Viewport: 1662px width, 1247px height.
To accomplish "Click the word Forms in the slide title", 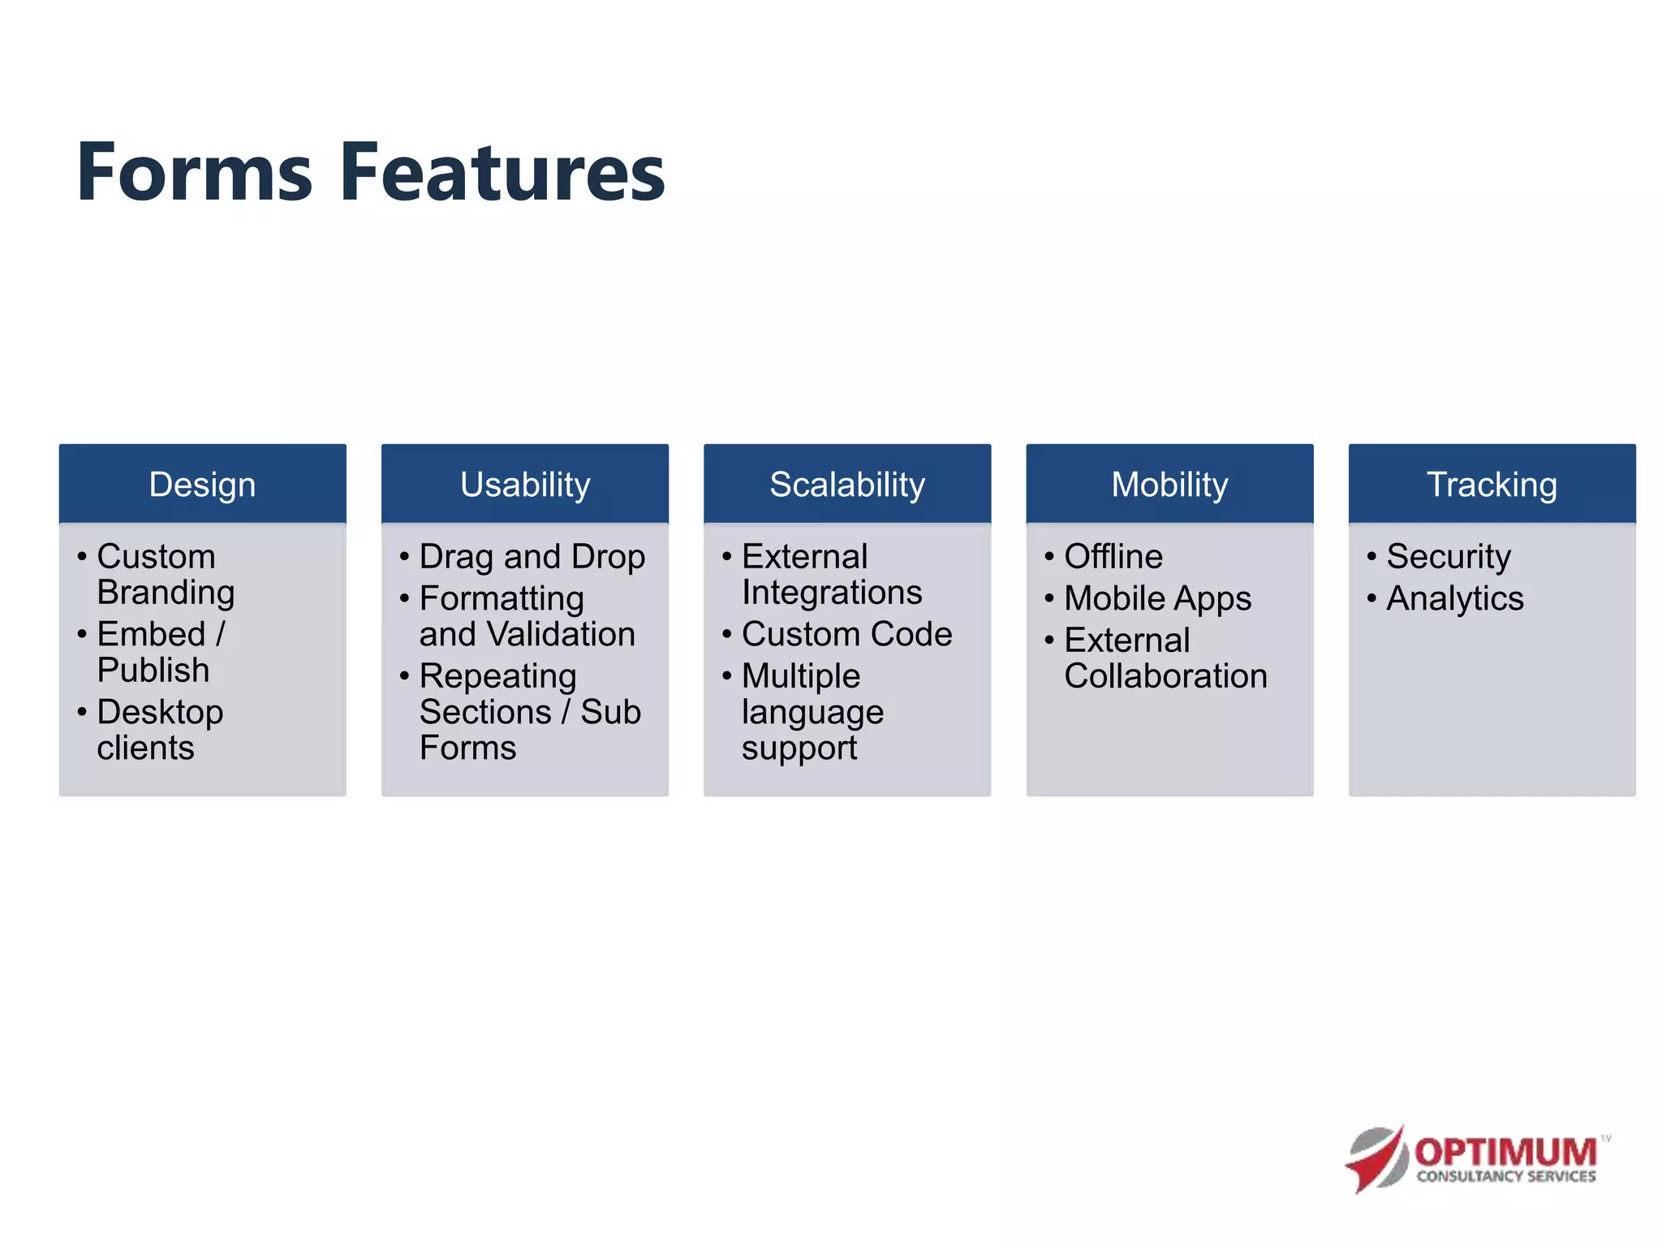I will [195, 172].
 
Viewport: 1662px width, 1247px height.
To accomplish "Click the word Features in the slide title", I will [502, 172].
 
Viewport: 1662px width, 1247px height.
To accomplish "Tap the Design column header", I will [202, 485].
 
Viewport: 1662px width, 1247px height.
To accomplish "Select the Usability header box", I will [525, 485].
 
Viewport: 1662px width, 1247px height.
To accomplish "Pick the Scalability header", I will [847, 485].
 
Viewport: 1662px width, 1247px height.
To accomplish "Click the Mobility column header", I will [1169, 485].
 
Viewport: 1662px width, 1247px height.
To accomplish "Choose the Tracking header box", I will [1492, 485].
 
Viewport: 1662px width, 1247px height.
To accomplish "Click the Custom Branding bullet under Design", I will [165, 574].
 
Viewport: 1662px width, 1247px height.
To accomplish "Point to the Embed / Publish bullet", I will [161, 651].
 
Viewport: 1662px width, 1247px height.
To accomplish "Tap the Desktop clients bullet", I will [159, 729].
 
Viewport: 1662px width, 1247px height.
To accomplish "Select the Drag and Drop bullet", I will [532, 557].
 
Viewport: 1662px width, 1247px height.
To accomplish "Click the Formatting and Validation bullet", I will [526, 616].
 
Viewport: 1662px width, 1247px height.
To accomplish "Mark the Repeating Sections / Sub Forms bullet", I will [529, 711].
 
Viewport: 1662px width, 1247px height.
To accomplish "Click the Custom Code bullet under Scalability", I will [846, 634].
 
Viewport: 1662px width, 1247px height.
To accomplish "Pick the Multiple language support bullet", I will [812, 711].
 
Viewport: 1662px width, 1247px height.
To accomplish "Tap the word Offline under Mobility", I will [1113, 557].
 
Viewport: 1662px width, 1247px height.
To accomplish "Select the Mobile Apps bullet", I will [1157, 599].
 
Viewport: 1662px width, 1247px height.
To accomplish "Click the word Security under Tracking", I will [1448, 557].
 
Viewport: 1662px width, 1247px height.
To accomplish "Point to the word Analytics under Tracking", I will [1454, 599].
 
